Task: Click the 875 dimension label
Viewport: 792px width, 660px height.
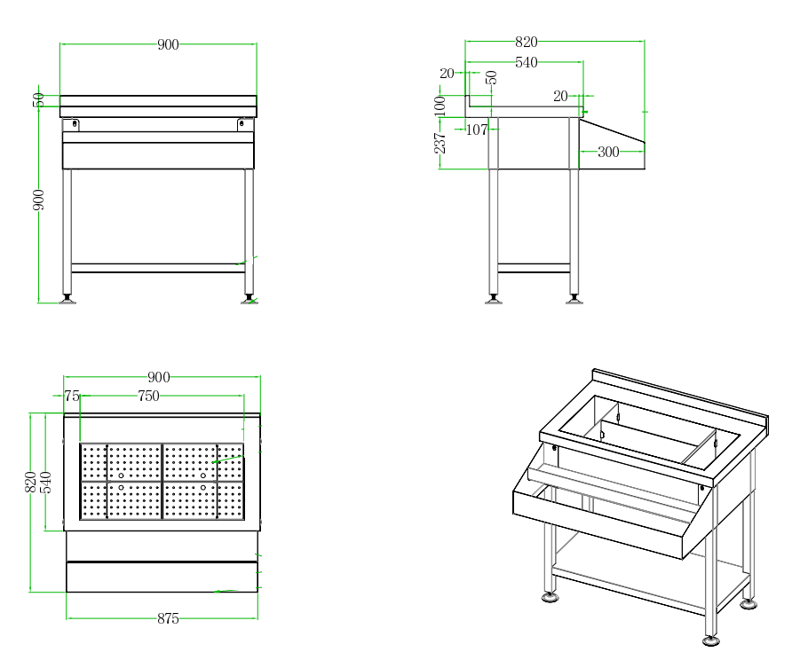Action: coord(168,619)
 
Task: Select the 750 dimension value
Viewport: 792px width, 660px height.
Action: coord(148,397)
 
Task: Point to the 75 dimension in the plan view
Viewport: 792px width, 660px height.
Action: coord(72,397)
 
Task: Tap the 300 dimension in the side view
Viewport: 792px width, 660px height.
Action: coord(608,152)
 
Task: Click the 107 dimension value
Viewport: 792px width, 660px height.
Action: coord(477,130)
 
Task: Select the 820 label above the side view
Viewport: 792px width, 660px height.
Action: coord(527,42)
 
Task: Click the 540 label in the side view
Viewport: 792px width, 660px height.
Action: coord(527,62)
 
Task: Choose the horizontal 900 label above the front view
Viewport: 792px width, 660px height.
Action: coord(168,44)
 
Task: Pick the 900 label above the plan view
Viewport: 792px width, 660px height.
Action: coord(158,378)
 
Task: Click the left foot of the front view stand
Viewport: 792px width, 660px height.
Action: coord(67,300)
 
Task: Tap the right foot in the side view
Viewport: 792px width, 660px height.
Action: coord(574,300)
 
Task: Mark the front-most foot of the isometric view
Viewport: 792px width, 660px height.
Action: coord(710,640)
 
